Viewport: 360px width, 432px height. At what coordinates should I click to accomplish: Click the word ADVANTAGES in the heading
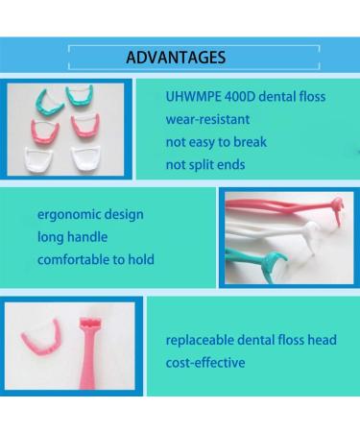tap(176, 57)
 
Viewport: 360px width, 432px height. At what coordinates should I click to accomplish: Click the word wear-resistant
tap(209, 120)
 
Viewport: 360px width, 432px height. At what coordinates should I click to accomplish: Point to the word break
tap(248, 142)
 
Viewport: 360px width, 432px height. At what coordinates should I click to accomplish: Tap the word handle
tap(90, 236)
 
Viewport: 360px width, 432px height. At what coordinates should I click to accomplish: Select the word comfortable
tap(76, 258)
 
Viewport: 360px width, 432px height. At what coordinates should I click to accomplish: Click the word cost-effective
tap(204, 363)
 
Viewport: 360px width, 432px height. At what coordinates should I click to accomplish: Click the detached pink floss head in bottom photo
tap(37, 337)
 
